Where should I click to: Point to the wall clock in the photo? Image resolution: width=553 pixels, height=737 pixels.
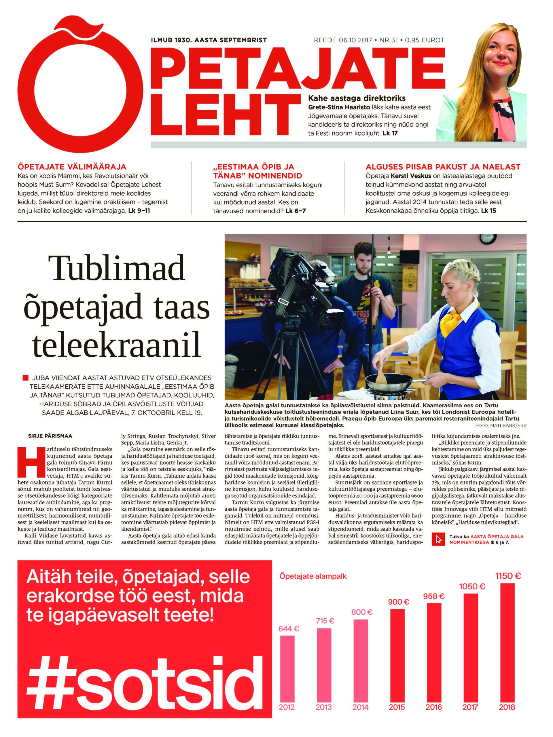(487, 239)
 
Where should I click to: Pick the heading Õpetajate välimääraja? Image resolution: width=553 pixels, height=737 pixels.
(72, 167)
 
